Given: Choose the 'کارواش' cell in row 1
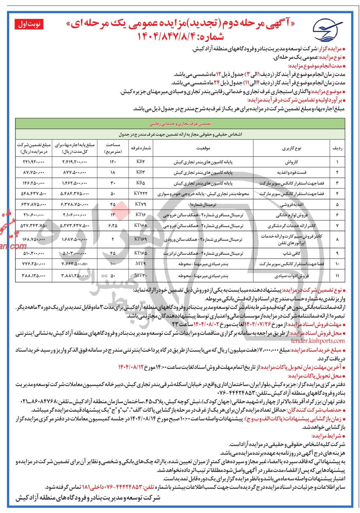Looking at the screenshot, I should pos(291,162).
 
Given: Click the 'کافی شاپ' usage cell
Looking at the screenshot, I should pos(291,254).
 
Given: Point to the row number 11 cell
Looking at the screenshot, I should pos(337,275).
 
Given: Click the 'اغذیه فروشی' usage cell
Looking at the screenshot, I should pos(291,204).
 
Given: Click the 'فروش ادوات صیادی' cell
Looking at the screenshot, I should pos(291,275).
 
